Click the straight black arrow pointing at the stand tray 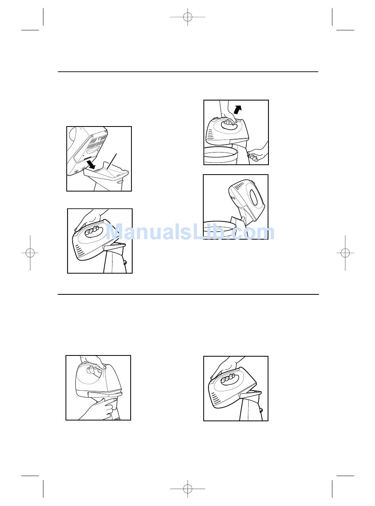pos(91,164)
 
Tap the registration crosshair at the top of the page pos(187,17)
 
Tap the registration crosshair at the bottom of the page pos(187,489)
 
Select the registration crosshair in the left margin pos(30,253)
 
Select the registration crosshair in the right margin pos(345,253)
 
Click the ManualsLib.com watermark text pos(190,232)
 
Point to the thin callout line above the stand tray pos(112,162)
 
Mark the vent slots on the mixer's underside pos(98,141)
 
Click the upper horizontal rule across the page pos(188,72)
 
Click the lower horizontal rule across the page pos(188,294)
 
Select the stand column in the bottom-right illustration pos(251,408)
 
